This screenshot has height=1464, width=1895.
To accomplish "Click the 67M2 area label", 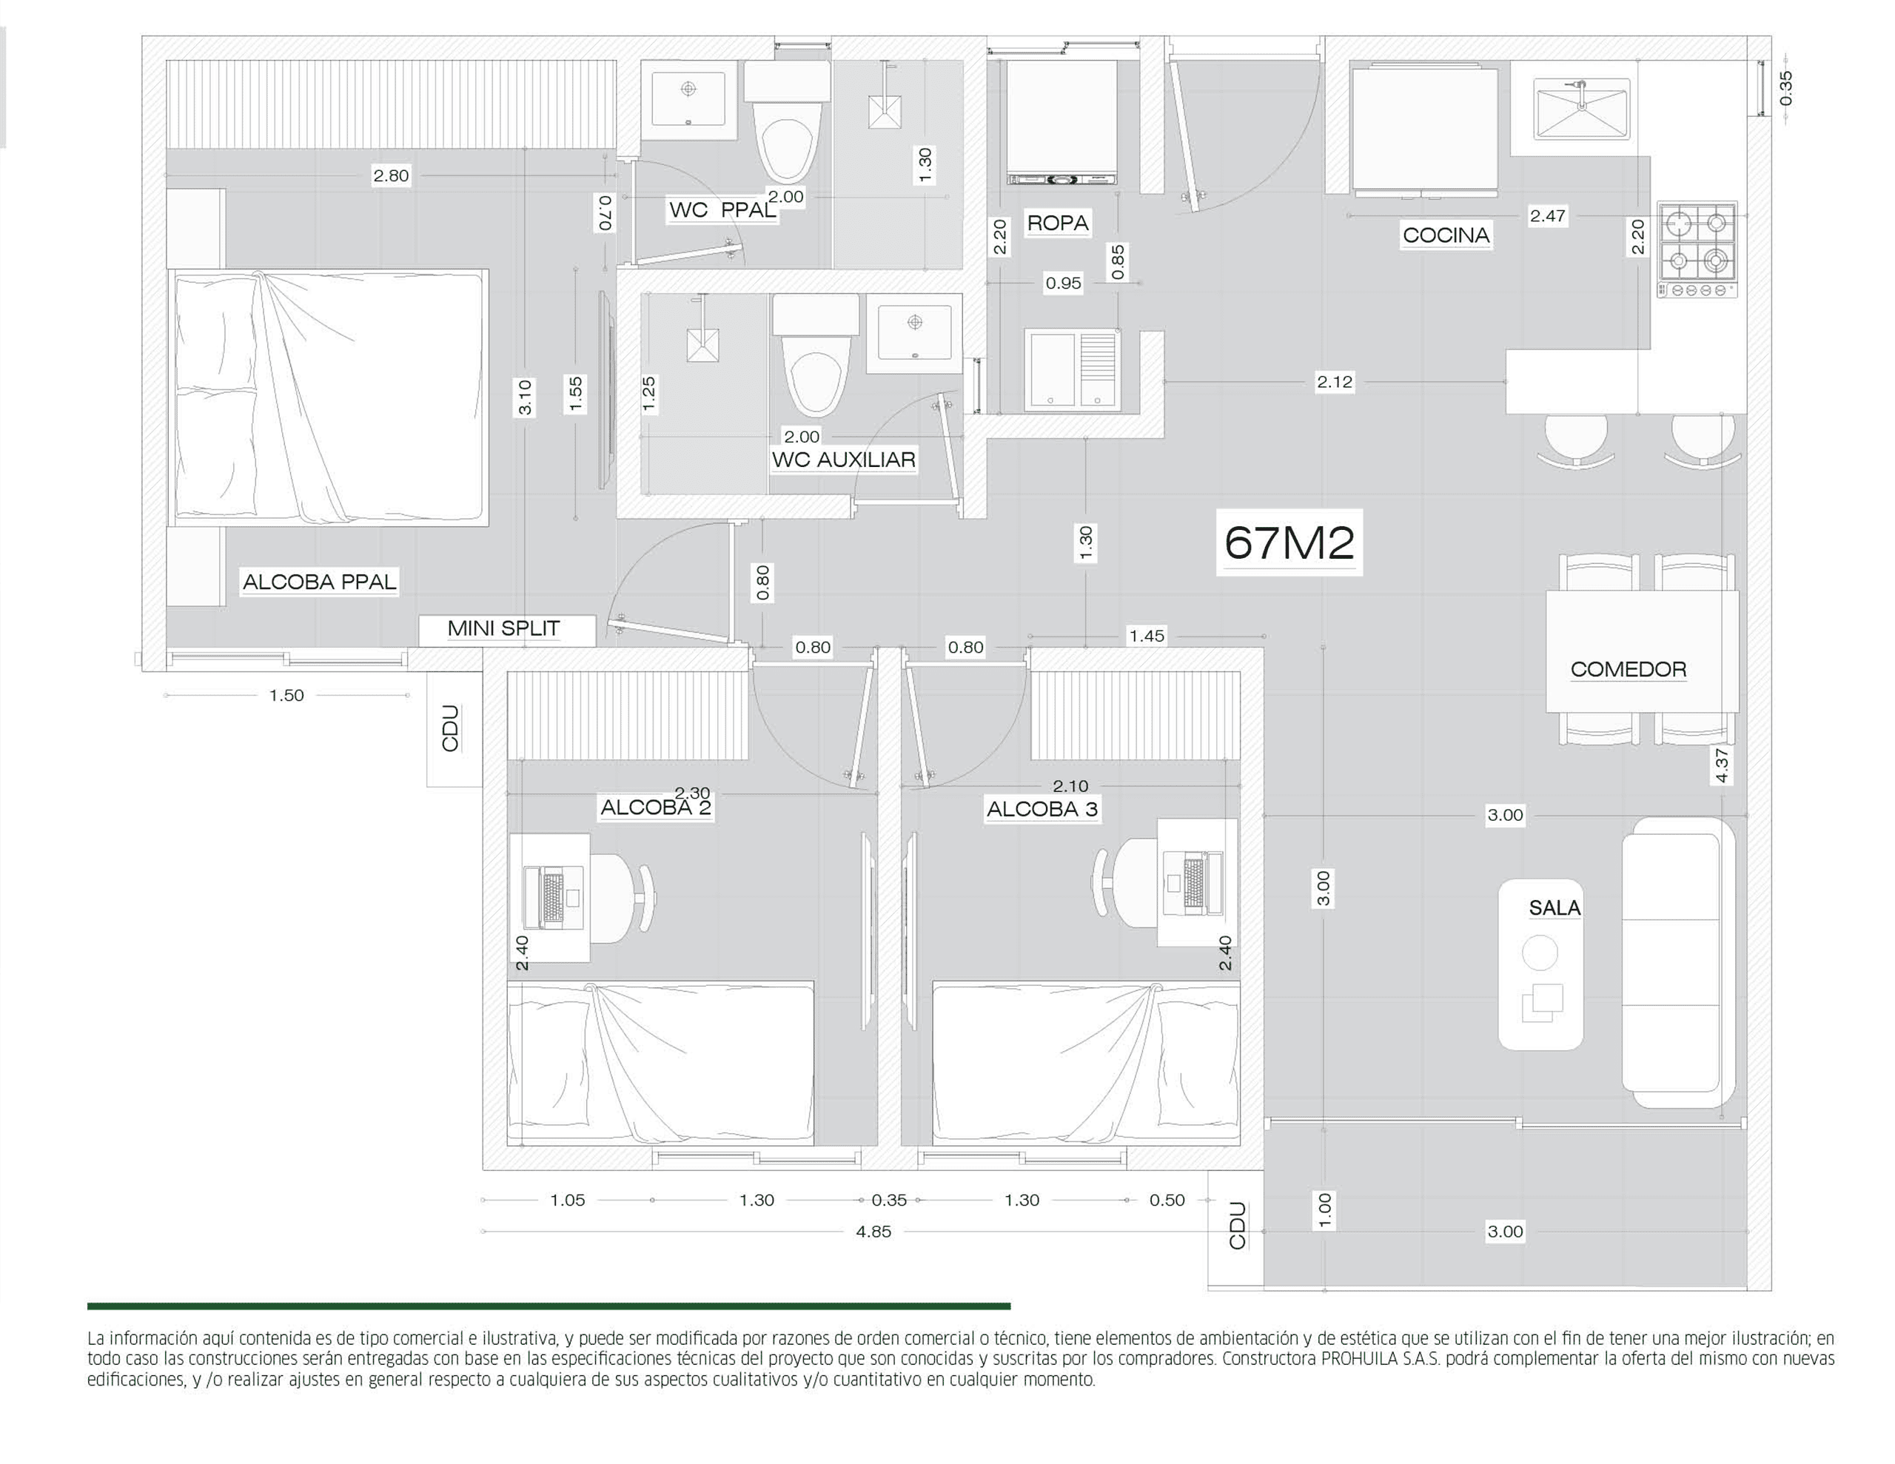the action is click(x=1289, y=543).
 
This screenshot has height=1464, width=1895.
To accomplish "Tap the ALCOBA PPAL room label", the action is click(x=319, y=582).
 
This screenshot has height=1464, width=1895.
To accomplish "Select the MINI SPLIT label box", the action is click(x=507, y=629).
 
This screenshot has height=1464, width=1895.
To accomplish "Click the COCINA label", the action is click(x=1446, y=235).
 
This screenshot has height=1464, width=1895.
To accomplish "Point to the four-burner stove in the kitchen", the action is click(x=1698, y=250).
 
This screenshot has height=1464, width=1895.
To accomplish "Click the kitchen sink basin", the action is click(x=1582, y=109).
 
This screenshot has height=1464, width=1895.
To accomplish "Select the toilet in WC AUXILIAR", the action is click(x=816, y=356).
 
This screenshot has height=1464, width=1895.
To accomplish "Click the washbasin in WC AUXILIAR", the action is click(x=914, y=332).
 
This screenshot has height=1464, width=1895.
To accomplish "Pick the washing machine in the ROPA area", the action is click(x=1061, y=123).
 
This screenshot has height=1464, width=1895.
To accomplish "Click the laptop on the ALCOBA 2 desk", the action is click(x=553, y=897).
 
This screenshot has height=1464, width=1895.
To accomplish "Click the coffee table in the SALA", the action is click(x=1541, y=965).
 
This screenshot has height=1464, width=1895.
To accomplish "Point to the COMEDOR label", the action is click(x=1629, y=669).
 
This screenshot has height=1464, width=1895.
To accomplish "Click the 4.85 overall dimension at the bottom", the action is click(x=873, y=1232).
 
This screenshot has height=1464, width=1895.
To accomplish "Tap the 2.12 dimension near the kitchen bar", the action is click(x=1335, y=382).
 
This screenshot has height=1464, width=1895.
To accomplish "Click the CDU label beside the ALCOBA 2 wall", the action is click(x=450, y=728).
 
